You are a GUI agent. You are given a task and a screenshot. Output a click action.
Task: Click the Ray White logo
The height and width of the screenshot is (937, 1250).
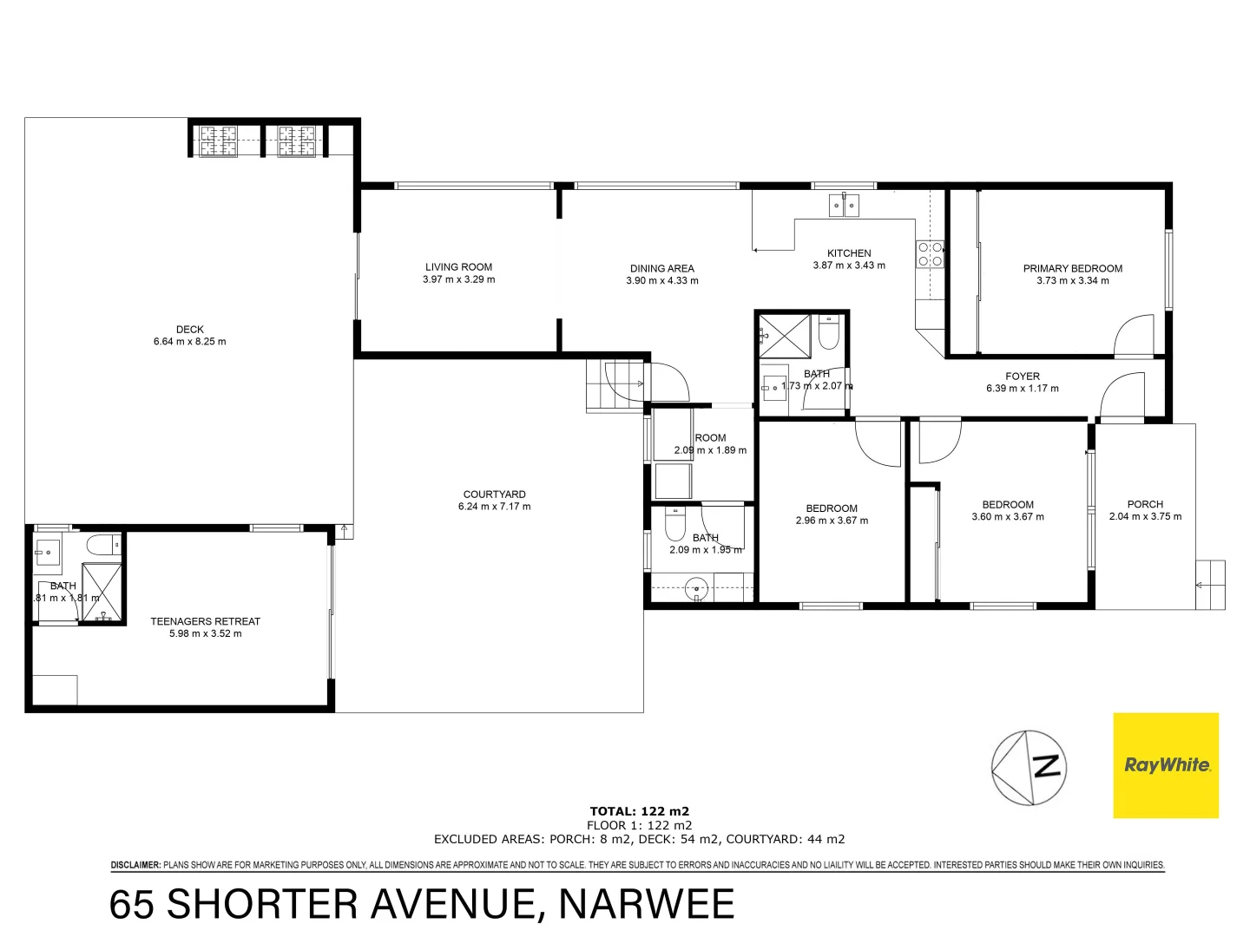pyautogui.click(x=1166, y=765)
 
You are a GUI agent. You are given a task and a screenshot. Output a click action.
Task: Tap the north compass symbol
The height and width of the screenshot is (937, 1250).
pyautogui.click(x=1030, y=768)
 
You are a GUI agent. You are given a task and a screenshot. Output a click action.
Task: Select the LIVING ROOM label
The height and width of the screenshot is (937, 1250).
pyautogui.click(x=458, y=267)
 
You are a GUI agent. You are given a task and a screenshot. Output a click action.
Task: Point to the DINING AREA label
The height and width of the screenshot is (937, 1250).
pyautogui.click(x=661, y=269)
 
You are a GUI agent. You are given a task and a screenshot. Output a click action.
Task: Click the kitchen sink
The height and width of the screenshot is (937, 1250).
pyautogui.click(x=844, y=206)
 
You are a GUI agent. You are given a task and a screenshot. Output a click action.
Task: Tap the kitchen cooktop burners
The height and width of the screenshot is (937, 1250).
pyautogui.click(x=930, y=254)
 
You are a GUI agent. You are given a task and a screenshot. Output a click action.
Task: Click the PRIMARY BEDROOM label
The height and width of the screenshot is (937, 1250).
pyautogui.click(x=1072, y=269)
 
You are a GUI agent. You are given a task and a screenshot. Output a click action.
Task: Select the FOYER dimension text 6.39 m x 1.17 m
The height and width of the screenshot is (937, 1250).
pyautogui.click(x=1022, y=389)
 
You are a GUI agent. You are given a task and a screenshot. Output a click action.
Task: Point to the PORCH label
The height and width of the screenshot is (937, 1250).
pyautogui.click(x=1145, y=504)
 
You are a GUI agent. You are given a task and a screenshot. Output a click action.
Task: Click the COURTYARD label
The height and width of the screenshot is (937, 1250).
pyautogui.click(x=494, y=495)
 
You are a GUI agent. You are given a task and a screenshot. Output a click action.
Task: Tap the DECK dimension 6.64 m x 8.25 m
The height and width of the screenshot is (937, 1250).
pyautogui.click(x=189, y=342)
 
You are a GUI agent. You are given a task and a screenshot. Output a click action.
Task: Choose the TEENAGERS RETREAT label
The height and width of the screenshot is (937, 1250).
pyautogui.click(x=205, y=621)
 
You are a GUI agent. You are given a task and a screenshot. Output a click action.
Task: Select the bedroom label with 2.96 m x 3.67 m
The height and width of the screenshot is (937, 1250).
pyautogui.click(x=832, y=508)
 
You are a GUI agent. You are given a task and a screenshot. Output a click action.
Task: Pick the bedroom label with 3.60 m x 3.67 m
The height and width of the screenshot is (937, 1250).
pyautogui.click(x=1008, y=505)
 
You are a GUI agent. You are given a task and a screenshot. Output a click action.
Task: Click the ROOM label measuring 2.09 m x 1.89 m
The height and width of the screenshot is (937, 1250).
pyautogui.click(x=710, y=438)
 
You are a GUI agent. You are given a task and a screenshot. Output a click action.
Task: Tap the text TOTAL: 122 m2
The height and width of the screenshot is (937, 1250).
pyautogui.click(x=639, y=812)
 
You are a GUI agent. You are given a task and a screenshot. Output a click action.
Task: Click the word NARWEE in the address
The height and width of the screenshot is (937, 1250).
pyautogui.click(x=646, y=904)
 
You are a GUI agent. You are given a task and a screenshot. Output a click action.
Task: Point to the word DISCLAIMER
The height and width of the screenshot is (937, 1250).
pyautogui.click(x=135, y=865)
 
